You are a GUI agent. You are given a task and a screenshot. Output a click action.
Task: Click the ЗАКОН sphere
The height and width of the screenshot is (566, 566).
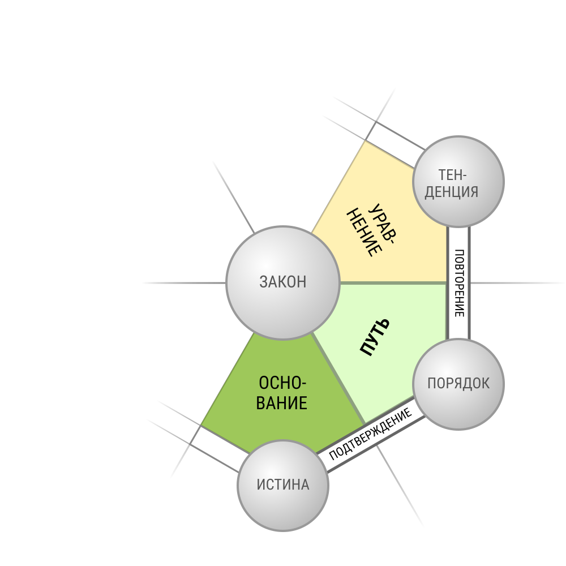(282, 282)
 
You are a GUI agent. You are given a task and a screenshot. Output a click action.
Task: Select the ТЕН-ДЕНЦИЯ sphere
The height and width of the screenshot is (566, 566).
(458, 182)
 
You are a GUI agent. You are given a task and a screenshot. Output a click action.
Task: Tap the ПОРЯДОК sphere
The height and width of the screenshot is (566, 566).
(458, 384)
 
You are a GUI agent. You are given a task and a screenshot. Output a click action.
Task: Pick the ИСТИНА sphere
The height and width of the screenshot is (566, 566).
(282, 486)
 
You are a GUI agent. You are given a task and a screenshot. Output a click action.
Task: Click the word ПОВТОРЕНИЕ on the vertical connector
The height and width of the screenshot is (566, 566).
(459, 283)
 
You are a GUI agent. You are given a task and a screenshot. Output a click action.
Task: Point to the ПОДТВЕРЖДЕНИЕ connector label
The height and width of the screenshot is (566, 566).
(370, 434)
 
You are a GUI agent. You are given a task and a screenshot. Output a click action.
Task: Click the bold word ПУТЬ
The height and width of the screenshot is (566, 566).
(375, 337)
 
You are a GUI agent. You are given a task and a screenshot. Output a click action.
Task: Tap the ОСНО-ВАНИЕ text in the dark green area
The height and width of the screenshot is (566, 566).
(281, 393)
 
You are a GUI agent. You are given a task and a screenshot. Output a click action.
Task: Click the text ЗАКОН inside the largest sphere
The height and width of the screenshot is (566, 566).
(282, 282)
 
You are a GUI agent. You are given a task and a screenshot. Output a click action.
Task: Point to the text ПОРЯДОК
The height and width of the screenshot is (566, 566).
(458, 383)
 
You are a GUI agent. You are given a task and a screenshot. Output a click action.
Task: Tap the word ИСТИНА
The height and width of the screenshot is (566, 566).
(282, 484)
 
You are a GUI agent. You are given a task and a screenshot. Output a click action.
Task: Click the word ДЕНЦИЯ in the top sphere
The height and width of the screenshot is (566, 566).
(451, 192)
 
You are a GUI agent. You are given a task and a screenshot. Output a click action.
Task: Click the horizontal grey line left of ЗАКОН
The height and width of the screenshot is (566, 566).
(184, 283)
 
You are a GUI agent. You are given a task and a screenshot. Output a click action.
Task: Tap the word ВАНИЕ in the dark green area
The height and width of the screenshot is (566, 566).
(281, 403)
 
